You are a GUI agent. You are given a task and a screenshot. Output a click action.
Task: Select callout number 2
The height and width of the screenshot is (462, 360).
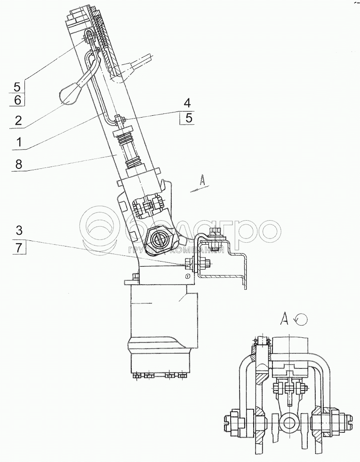(x=18, y=120)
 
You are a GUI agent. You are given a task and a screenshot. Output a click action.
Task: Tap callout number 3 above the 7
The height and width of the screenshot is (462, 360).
(x=18, y=231)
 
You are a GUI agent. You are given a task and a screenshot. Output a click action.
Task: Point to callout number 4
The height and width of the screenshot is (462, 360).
(x=188, y=103)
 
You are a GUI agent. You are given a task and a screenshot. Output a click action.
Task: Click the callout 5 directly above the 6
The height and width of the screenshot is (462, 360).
(x=17, y=86)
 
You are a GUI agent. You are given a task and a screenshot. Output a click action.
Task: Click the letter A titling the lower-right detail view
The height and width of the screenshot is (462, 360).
(x=284, y=320)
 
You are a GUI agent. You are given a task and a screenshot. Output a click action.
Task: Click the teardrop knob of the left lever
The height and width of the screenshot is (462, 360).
(x=69, y=95)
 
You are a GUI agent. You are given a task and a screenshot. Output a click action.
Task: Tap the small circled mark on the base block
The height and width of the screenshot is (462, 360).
(x=188, y=276)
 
